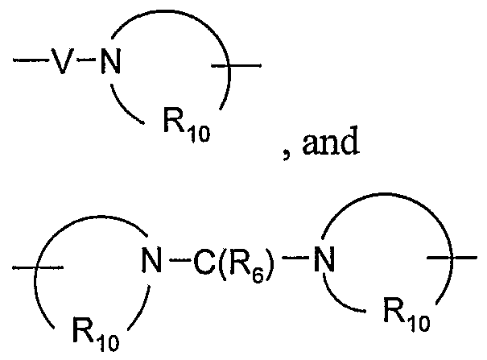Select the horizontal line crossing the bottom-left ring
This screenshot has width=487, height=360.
tap(32, 262)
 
